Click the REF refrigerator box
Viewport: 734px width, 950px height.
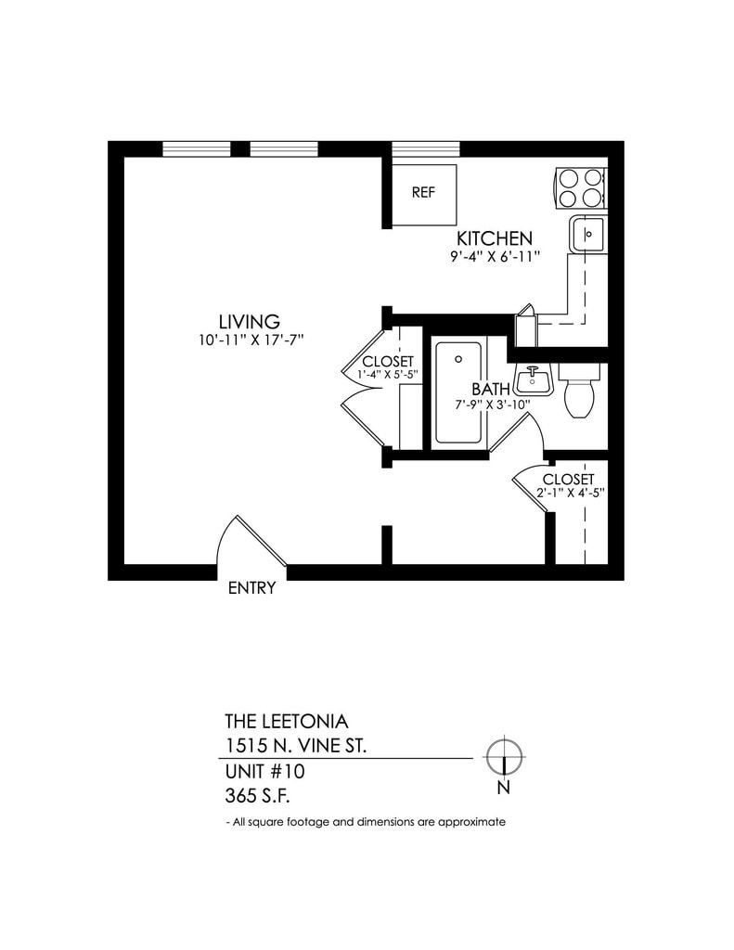click(x=423, y=193)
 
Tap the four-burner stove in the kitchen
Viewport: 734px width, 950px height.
click(x=580, y=186)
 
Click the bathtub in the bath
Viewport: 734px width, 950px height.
click(x=458, y=392)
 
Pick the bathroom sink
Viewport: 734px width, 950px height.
click(x=533, y=378)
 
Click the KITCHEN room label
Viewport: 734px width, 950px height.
click(x=494, y=238)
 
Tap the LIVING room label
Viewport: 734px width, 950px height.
click(x=249, y=322)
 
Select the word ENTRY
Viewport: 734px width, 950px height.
click(x=251, y=588)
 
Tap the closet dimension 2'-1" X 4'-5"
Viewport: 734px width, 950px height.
click(x=570, y=494)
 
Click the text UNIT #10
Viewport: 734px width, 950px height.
click(x=264, y=770)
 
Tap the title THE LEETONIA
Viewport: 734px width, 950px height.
click(x=287, y=721)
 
